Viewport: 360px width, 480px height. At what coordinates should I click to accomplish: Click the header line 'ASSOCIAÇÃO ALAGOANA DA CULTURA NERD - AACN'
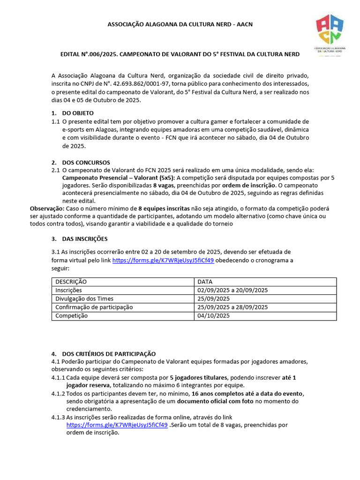[x=180, y=24]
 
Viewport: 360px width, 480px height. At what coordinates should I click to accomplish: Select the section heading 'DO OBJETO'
[x=78, y=113]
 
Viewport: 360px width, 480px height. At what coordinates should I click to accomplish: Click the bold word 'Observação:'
[x=47, y=208]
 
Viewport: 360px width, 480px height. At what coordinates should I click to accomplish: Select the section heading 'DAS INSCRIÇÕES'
[x=85, y=239]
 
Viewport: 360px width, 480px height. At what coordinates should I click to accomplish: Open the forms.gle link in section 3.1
[x=163, y=261]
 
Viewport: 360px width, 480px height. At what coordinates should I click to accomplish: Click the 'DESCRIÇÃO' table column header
[x=71, y=282]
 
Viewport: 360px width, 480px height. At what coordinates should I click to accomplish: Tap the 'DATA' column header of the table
[x=205, y=282]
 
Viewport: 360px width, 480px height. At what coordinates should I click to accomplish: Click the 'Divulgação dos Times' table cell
[x=84, y=299]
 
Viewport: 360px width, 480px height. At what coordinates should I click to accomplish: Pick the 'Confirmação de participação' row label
[x=94, y=307]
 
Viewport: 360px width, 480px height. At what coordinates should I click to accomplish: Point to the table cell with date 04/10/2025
[x=214, y=315]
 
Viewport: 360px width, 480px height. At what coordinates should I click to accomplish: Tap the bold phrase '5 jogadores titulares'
[x=199, y=377]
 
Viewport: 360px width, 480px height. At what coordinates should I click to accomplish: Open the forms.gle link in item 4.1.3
[x=117, y=425]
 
